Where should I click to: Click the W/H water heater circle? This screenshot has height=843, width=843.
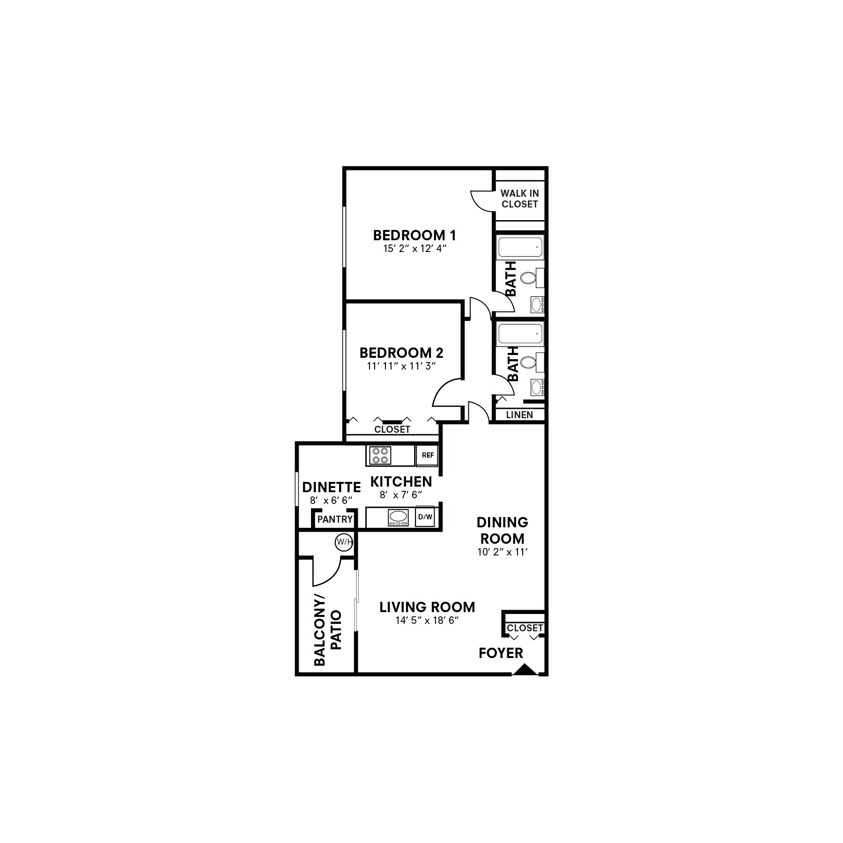pos(344,542)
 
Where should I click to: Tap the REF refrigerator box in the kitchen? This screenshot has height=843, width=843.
pos(427,455)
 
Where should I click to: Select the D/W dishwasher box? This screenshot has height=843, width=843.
pos(425,517)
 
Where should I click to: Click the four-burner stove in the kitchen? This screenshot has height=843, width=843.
pos(380,455)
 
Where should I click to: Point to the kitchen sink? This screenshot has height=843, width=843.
pos(398,517)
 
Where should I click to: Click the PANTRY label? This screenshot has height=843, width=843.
pos(334,519)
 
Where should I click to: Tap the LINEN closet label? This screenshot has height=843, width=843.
pos(519,415)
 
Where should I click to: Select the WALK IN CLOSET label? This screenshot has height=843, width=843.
pos(519,199)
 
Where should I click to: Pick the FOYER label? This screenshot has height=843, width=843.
pos(501,653)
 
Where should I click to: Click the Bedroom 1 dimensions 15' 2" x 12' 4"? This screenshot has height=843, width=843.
pos(414,249)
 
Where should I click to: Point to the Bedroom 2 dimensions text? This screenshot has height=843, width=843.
pos(401,366)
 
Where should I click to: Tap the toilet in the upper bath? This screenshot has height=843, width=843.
pos(528,278)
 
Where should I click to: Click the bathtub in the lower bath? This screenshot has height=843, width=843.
pos(520,334)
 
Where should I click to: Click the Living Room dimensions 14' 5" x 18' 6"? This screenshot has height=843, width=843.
pos(426,621)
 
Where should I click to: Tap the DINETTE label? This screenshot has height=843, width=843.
pos(332,487)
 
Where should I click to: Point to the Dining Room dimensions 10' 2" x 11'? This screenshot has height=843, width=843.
pos(503,552)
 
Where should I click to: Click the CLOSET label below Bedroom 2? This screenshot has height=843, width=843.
pos(392,429)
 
